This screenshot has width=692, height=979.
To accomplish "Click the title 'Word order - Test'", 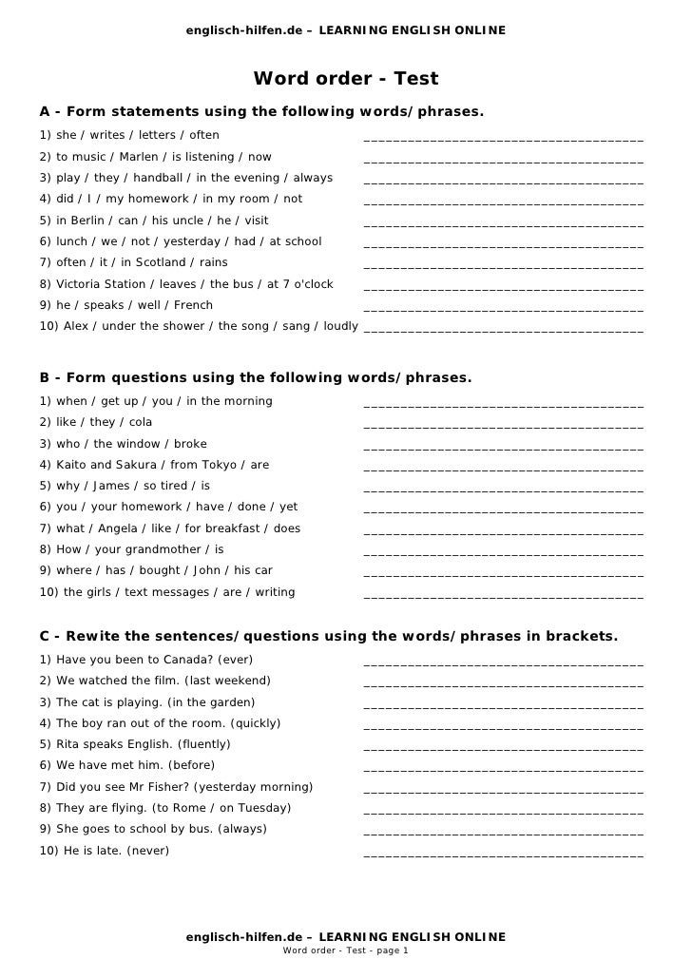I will point(345,79).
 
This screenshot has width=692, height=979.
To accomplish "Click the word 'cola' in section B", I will point(140,422).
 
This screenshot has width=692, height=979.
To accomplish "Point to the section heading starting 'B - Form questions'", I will point(256,378).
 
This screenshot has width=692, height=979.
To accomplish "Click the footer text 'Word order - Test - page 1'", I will point(346,950).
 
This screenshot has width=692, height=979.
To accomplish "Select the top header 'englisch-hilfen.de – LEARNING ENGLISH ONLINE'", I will point(346,31).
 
